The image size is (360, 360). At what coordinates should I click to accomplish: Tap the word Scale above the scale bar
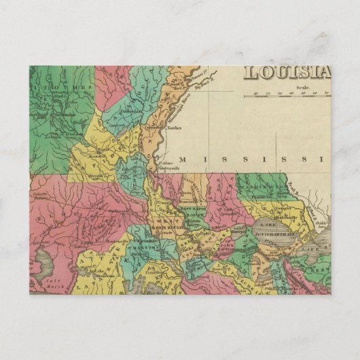click(x=302, y=88)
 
